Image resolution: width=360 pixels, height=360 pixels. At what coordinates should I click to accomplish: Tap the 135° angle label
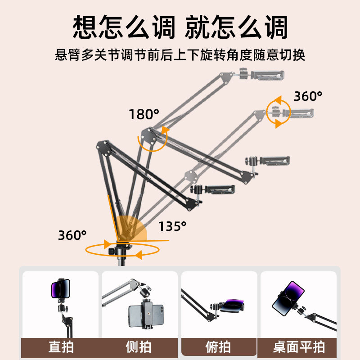coord(172,226)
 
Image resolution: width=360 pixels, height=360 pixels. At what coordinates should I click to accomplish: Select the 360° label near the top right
coord(308,96)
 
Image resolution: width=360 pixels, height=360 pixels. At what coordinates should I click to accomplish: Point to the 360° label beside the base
coord(72,235)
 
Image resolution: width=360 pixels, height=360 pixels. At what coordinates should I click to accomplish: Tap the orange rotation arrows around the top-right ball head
coord(279,112)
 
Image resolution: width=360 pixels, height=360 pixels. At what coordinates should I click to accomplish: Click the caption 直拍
coord(61,347)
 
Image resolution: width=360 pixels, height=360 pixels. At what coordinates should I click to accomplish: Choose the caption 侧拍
coord(139,347)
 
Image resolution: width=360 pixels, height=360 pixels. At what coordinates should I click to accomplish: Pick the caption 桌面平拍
coord(299,347)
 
